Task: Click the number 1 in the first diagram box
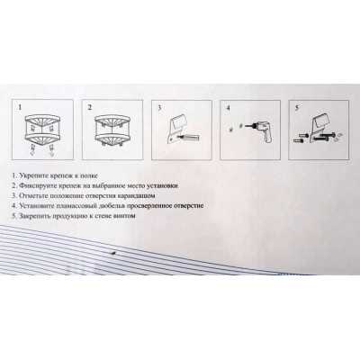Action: click(x=20, y=107)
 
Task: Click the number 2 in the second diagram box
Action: click(x=90, y=107)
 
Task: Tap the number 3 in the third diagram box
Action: click(x=159, y=108)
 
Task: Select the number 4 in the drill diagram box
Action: click(x=229, y=108)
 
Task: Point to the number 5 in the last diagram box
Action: click(x=297, y=108)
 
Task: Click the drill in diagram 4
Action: click(x=260, y=130)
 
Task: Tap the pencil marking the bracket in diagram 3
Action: click(x=190, y=138)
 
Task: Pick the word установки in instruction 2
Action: click(x=163, y=185)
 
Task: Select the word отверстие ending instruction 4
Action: click(x=190, y=206)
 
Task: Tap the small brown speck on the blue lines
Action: click(x=112, y=254)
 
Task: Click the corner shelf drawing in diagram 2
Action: click(x=112, y=131)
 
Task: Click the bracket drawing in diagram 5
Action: click(x=319, y=129)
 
